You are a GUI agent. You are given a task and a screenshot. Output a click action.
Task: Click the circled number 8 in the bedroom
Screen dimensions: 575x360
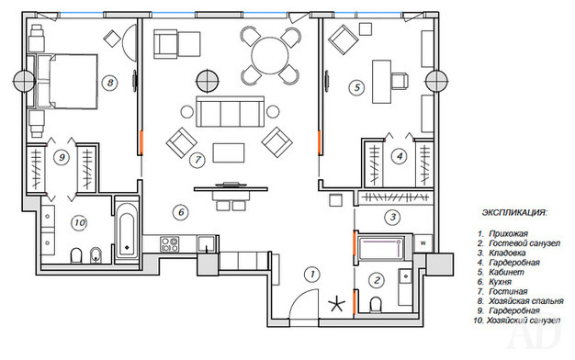(x=110, y=83)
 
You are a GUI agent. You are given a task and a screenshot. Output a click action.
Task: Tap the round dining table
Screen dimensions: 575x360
(x=270, y=55)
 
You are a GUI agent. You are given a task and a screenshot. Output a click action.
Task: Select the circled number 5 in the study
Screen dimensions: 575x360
(x=356, y=87)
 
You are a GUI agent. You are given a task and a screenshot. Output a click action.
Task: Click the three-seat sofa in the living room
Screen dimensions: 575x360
(x=231, y=111)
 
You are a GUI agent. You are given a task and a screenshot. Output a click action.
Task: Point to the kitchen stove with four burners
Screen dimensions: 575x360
(x=169, y=244)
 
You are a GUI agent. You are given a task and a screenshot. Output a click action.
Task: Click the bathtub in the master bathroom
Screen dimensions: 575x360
(x=127, y=231)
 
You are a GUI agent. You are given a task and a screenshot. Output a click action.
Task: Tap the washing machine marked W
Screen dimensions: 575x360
(x=423, y=243)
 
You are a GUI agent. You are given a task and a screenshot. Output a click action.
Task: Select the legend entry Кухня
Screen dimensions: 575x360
(x=501, y=282)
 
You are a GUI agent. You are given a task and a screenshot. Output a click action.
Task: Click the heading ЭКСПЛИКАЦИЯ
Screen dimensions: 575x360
(x=514, y=213)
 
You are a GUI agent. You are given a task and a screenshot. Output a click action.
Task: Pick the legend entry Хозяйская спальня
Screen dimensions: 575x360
(x=526, y=301)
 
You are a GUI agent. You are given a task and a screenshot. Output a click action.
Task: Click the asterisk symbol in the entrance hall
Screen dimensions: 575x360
(x=336, y=304)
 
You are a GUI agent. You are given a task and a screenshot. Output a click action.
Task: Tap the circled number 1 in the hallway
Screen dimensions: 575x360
(x=312, y=274)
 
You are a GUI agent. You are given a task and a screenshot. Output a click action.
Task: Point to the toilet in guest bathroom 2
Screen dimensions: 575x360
(x=376, y=304)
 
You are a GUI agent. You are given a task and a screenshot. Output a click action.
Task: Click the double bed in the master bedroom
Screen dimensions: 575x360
(x=67, y=82)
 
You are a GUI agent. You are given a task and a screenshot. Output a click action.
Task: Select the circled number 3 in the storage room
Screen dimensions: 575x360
(x=393, y=217)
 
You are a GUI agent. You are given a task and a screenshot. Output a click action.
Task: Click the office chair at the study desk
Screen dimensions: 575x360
(x=400, y=81)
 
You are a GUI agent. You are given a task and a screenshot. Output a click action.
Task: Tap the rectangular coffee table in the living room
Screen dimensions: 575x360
(x=229, y=152)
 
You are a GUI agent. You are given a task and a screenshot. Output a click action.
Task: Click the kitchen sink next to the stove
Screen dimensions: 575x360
(x=207, y=244)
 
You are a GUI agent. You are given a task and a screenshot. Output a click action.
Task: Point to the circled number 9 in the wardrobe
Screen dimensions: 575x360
(x=62, y=157)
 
